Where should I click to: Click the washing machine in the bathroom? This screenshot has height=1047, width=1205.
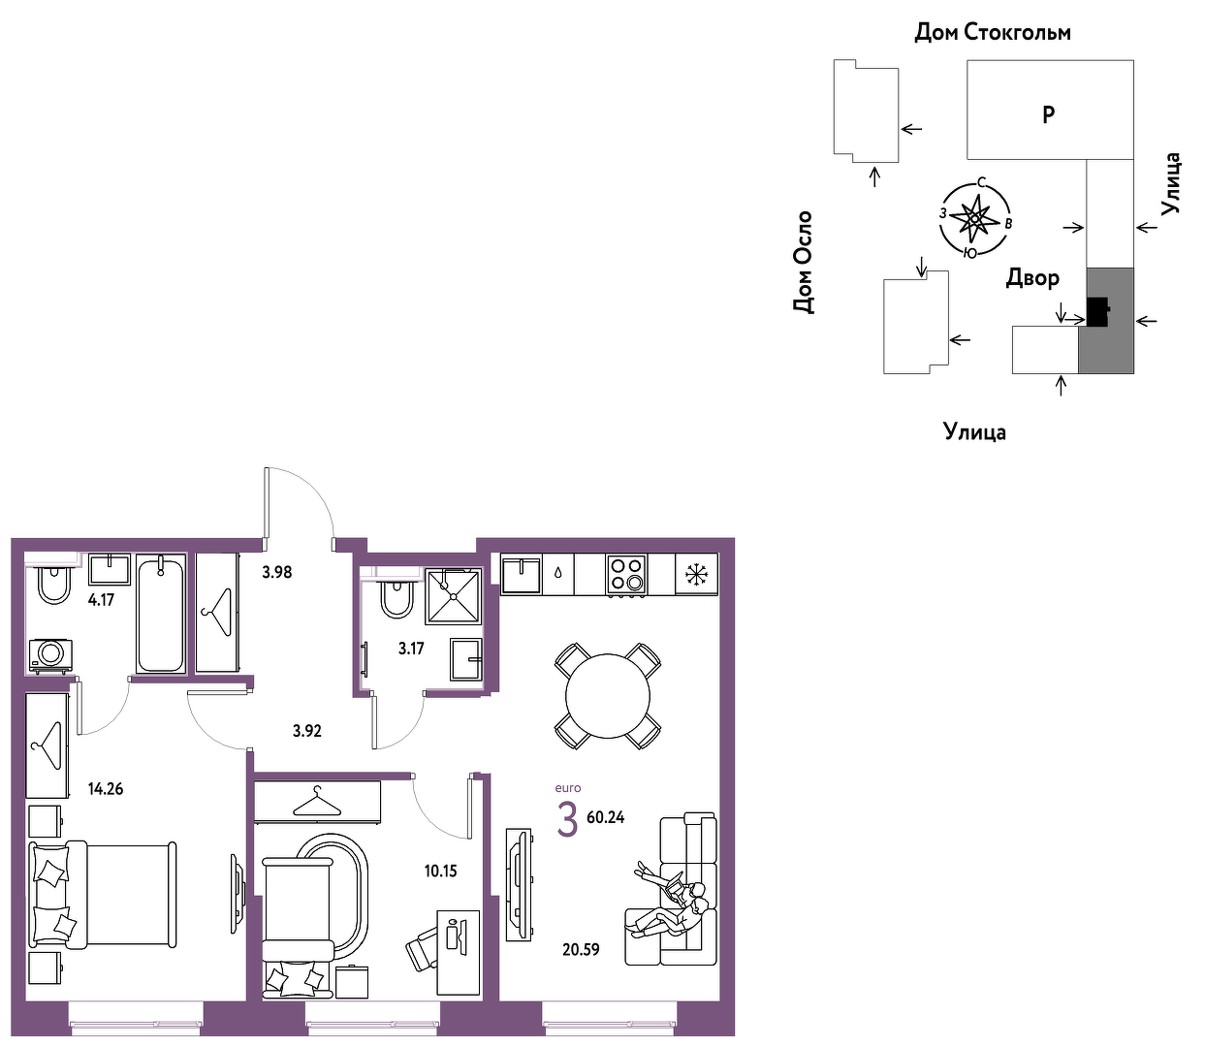pyautogui.click(x=50, y=656)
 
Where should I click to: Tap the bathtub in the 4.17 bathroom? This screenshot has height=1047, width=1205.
pyautogui.click(x=161, y=613)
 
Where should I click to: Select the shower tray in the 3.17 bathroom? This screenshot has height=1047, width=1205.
pyautogui.click(x=454, y=595)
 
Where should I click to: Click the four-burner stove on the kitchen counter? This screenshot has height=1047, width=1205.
pyautogui.click(x=626, y=574)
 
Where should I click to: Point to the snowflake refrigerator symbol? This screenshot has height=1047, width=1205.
pyautogui.click(x=696, y=574)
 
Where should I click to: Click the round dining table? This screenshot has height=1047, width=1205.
pyautogui.click(x=607, y=696)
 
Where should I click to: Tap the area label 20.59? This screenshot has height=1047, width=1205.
pyautogui.click(x=581, y=949)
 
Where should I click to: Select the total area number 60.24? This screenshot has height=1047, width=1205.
pyautogui.click(x=606, y=816)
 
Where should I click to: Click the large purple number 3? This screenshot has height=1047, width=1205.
pyautogui.click(x=567, y=820)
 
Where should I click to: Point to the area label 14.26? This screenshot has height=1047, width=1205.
pyautogui.click(x=106, y=788)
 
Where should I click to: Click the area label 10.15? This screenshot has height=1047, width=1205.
pyautogui.click(x=440, y=871)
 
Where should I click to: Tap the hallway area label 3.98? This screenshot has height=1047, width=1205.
pyautogui.click(x=277, y=572)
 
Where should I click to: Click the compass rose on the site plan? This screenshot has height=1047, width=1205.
pyautogui.click(x=975, y=219)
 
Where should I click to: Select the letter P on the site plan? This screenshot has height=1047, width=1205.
pyautogui.click(x=1048, y=114)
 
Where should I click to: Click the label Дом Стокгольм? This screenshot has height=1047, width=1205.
pyautogui.click(x=992, y=32)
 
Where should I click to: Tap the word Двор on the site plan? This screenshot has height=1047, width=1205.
pyautogui.click(x=1032, y=277)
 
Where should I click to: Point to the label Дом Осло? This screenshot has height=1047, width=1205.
pyautogui.click(x=803, y=262)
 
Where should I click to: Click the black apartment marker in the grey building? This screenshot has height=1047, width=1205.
pyautogui.click(x=1097, y=312)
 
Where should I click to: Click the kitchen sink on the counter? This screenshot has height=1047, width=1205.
pyautogui.click(x=520, y=574)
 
